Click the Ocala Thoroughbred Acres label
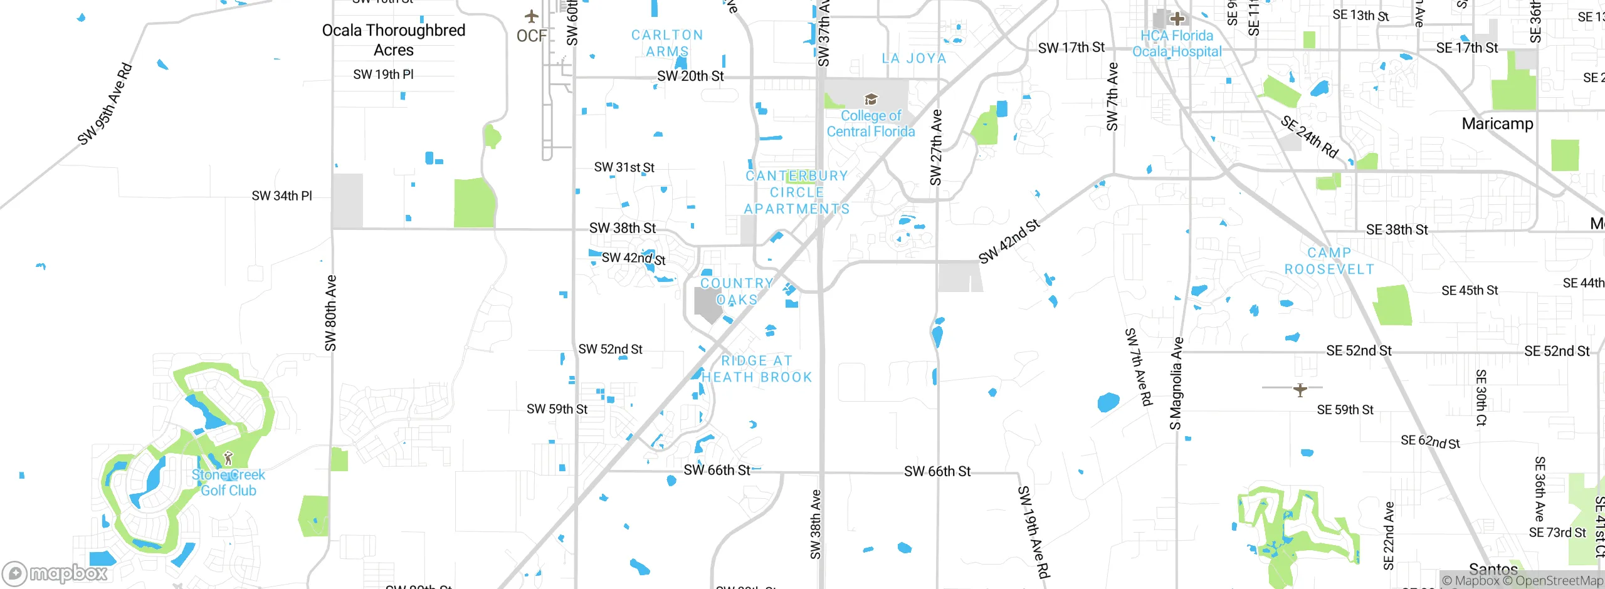[x=394, y=40]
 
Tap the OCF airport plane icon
[x=532, y=16]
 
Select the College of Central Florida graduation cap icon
[x=870, y=99]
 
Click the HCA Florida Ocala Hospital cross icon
[x=1177, y=18]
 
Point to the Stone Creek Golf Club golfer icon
[x=228, y=457]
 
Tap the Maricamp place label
[x=1497, y=123]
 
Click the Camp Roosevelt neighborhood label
[x=1329, y=261]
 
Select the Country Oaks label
[x=737, y=291]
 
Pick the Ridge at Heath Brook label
[x=757, y=369]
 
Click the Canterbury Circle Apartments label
[x=797, y=192]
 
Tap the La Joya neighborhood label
[x=913, y=58]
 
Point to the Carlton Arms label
[x=667, y=43]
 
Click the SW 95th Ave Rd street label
[x=105, y=104]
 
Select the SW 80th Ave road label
[x=330, y=313]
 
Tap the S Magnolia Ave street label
[x=1176, y=383]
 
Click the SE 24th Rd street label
[x=1309, y=137]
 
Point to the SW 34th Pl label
[x=282, y=196]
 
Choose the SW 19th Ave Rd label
[x=1033, y=531]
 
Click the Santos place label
[x=1493, y=570]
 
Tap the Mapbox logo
[x=55, y=573]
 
